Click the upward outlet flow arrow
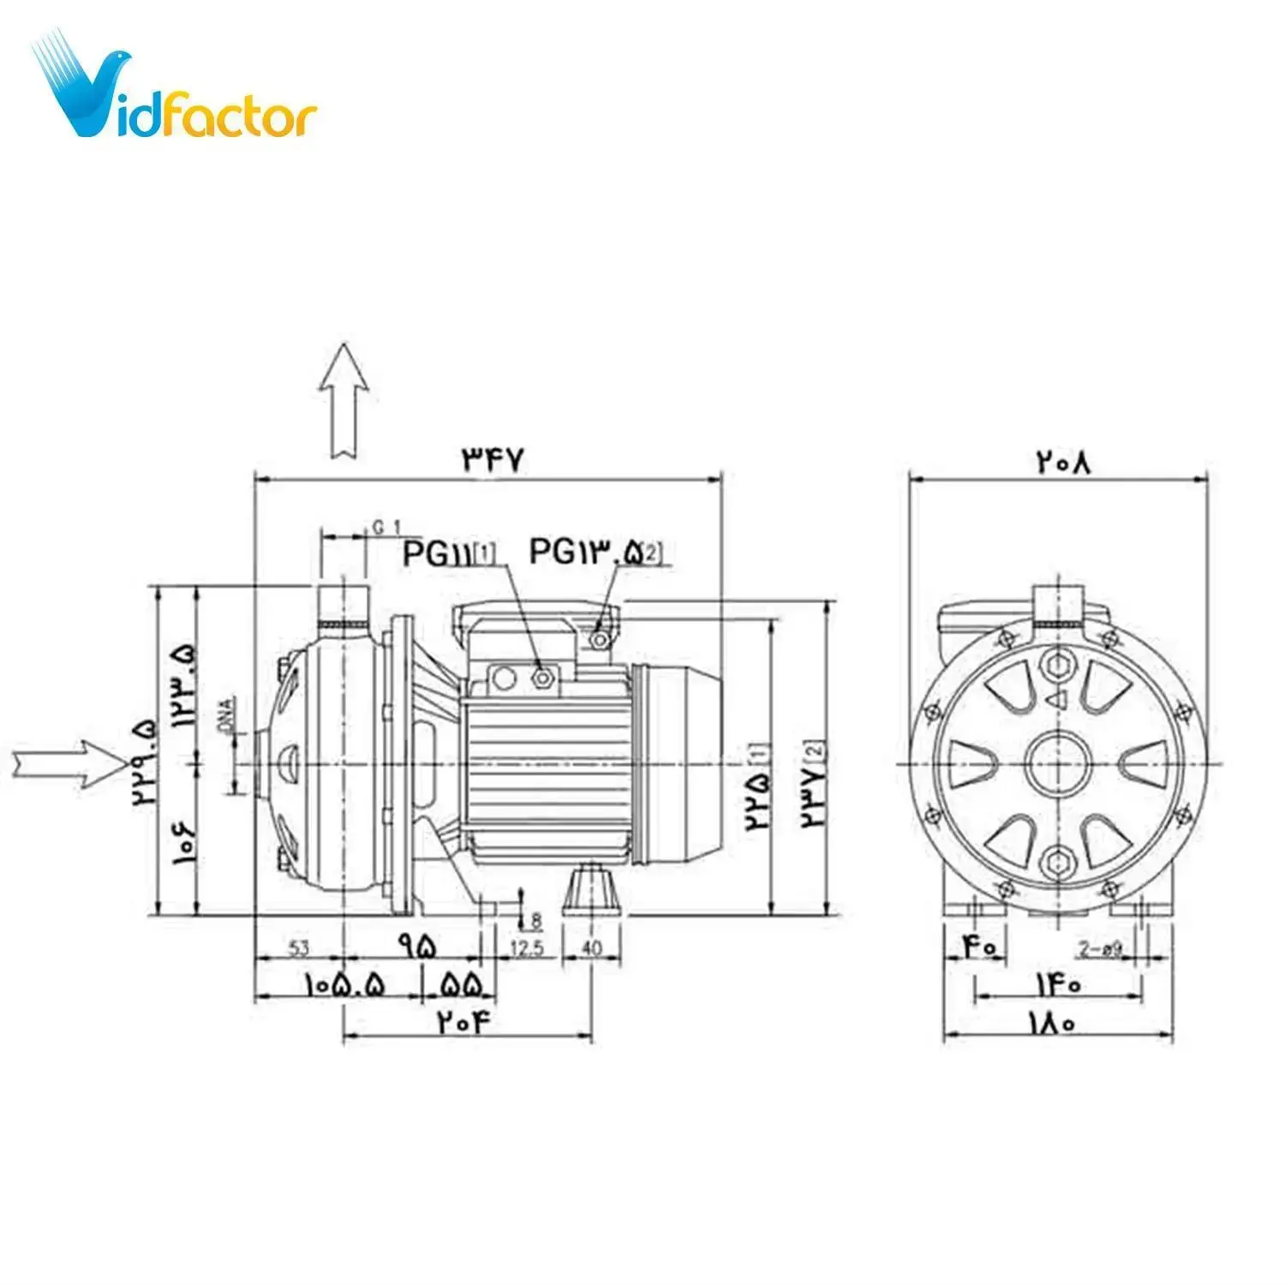(344, 400)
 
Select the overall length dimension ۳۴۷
(492, 460)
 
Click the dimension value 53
(298, 948)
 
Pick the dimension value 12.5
(526, 948)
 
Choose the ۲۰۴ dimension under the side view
(467, 1022)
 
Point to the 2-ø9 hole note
(1100, 949)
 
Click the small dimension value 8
(536, 921)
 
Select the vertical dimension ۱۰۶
(184, 844)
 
